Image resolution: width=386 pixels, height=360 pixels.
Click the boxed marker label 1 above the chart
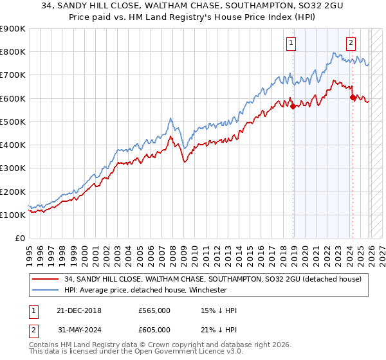[x=291, y=44]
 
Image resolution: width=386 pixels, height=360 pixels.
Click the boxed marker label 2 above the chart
[x=351, y=44]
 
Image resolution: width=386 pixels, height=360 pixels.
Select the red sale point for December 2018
[x=293, y=107]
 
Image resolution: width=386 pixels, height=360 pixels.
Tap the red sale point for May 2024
[x=353, y=97]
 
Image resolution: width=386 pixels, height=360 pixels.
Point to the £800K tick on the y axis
[x=13, y=52]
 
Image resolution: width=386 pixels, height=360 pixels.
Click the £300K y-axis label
[x=13, y=168]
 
